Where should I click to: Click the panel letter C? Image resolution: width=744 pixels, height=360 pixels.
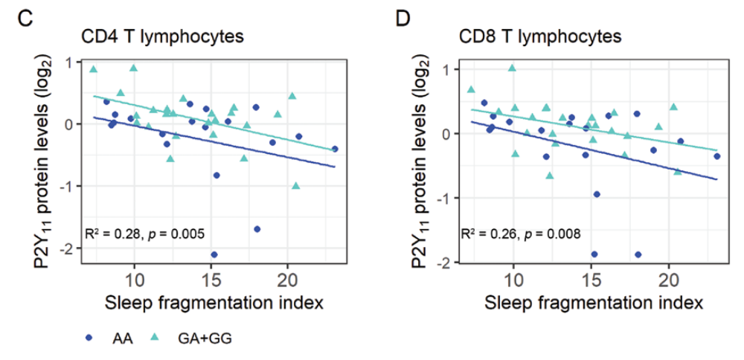pos(25,19)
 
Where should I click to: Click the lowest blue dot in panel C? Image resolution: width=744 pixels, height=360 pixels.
pos(214,254)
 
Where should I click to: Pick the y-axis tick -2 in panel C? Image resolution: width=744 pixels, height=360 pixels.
pos(68,248)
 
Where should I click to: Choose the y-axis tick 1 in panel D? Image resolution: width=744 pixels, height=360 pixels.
pos(450,70)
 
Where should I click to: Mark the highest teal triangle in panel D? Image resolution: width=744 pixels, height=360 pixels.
pos(512,68)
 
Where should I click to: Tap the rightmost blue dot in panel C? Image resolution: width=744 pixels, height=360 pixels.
pos(335,149)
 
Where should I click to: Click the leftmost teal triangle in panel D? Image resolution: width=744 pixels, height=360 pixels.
pos(471,89)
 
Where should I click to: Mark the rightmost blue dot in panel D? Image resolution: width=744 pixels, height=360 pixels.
pos(717,156)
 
